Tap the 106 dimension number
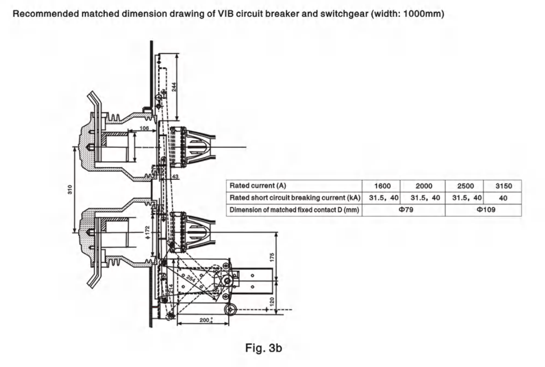point(143,128)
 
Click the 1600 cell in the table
point(380,186)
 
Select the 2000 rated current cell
point(422,186)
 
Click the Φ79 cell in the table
point(404,210)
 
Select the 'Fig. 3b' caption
point(263,348)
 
